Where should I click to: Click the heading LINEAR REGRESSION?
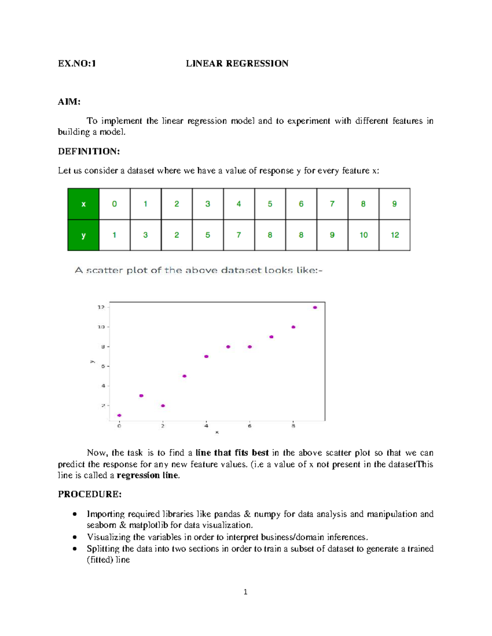237,63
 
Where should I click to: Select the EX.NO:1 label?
77,63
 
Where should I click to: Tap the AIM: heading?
69,102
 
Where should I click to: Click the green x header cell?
83,204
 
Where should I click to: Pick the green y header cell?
83,235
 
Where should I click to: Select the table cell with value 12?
394,235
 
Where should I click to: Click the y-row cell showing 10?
363,235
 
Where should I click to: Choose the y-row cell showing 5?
208,235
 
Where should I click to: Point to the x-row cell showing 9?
394,204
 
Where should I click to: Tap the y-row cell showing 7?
239,235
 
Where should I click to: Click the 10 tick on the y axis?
101,327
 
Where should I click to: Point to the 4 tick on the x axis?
206,426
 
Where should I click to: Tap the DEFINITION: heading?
89,152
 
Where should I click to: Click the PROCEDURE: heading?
89,494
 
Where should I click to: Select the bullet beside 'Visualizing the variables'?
75,537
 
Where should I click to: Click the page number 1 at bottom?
245,592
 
